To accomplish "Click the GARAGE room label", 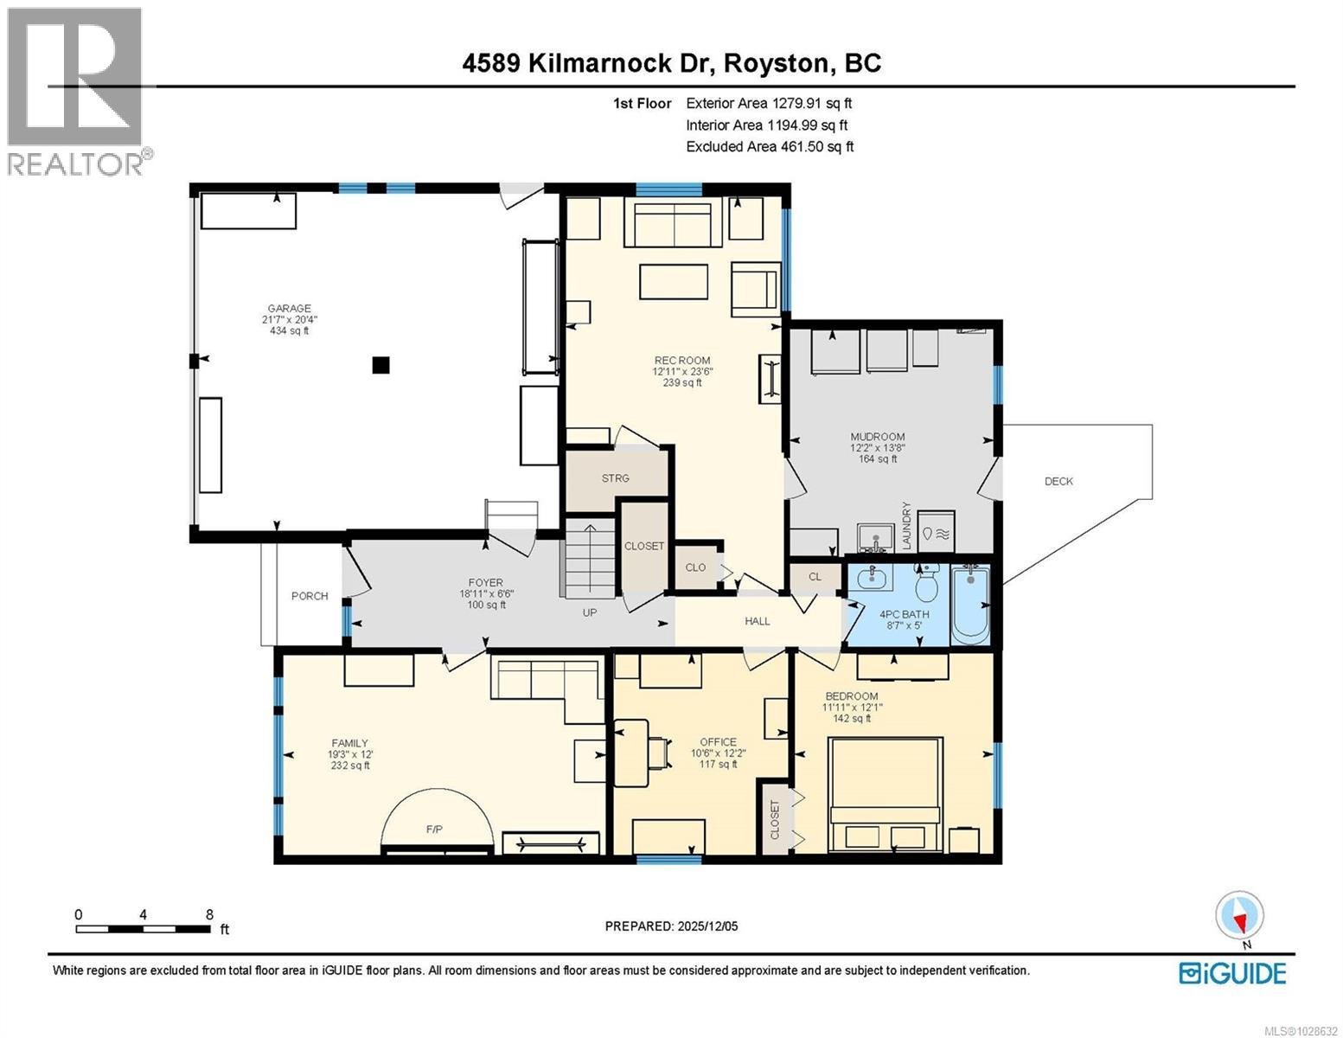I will [x=289, y=309].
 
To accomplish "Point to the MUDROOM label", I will [x=877, y=437].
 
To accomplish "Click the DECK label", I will [x=1058, y=482].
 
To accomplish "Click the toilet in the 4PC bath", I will [x=926, y=585].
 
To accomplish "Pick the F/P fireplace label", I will [x=434, y=830].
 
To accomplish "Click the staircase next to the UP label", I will [x=589, y=561].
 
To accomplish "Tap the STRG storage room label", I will [x=616, y=478].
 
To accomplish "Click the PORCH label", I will [x=310, y=596].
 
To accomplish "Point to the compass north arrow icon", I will [x=1239, y=916].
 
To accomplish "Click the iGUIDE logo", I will [x=1232, y=973].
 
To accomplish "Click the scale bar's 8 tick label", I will [x=209, y=914].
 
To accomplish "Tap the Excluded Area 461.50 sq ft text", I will [x=769, y=147].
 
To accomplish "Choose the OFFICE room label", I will [x=718, y=742].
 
